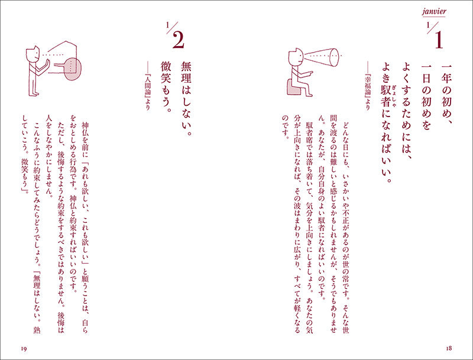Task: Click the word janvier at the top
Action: point(434,12)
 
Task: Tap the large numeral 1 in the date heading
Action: point(438,40)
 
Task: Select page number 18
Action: point(449,348)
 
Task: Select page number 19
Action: point(24,349)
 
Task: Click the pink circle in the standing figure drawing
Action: point(72,70)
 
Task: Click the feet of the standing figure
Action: point(34,95)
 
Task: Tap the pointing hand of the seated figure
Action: point(310,72)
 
